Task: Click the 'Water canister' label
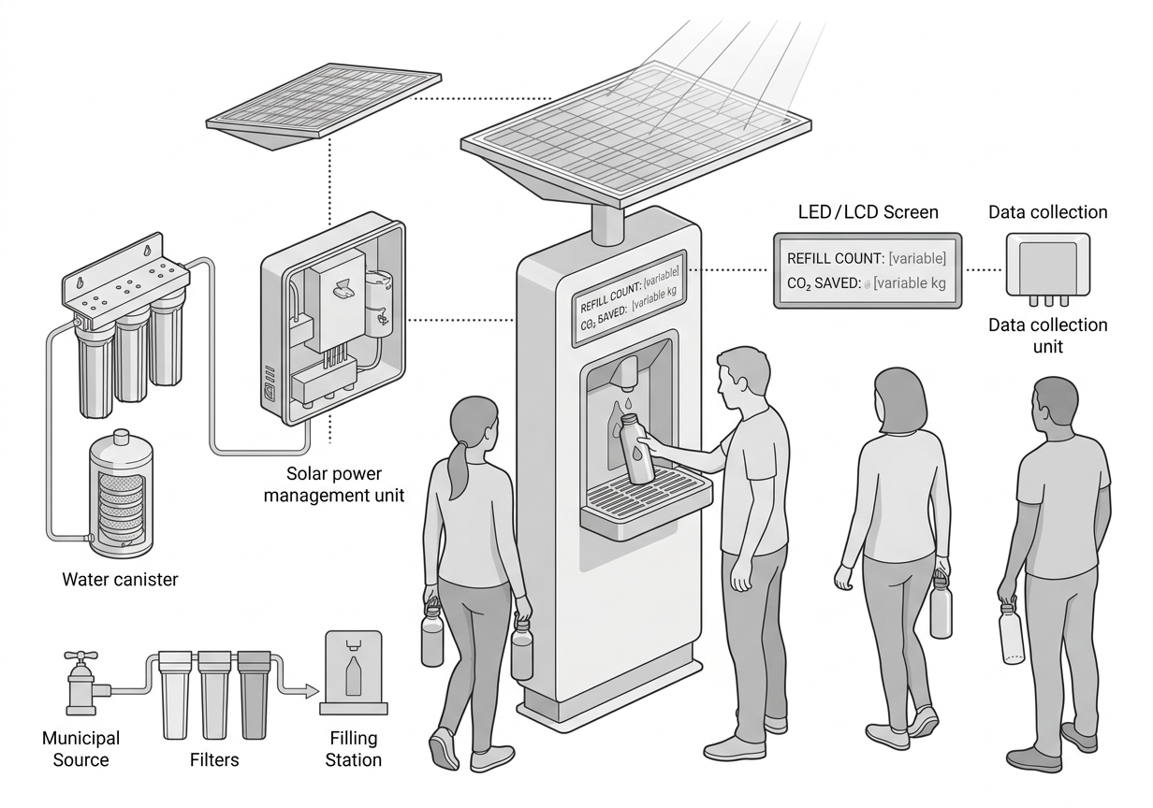[120, 580]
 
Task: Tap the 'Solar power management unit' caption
[334, 484]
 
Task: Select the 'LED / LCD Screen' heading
[868, 212]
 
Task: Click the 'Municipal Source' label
[80, 749]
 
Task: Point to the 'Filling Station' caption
[354, 749]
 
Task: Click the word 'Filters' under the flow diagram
[214, 760]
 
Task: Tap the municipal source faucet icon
[84, 683]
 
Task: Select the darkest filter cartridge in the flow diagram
[254, 695]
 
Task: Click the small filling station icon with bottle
[354, 672]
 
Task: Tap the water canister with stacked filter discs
[121, 494]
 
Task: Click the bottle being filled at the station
[636, 449]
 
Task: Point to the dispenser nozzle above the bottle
[626, 372]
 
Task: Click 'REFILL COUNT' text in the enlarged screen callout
[836, 259]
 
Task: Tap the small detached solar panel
[323, 106]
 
